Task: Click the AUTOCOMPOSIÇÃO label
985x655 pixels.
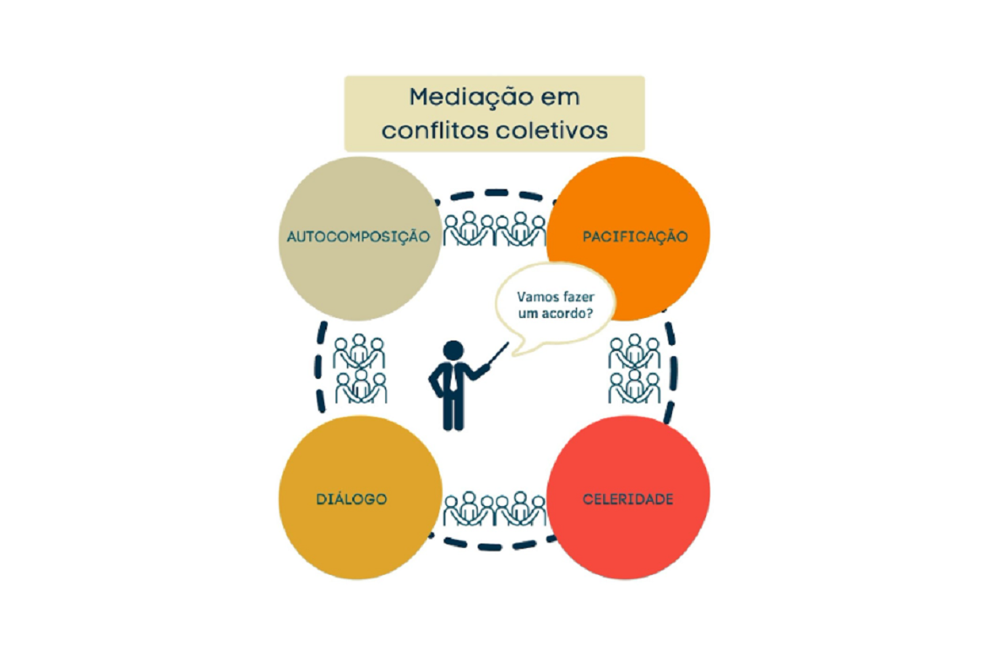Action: [359, 236]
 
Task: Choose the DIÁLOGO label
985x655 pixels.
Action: [350, 499]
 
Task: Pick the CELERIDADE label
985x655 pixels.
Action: [628, 499]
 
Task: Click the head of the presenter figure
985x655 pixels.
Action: [453, 349]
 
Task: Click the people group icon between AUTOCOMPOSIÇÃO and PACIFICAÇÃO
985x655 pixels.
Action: [494, 228]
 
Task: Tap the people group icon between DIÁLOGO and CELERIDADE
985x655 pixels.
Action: [494, 509]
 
